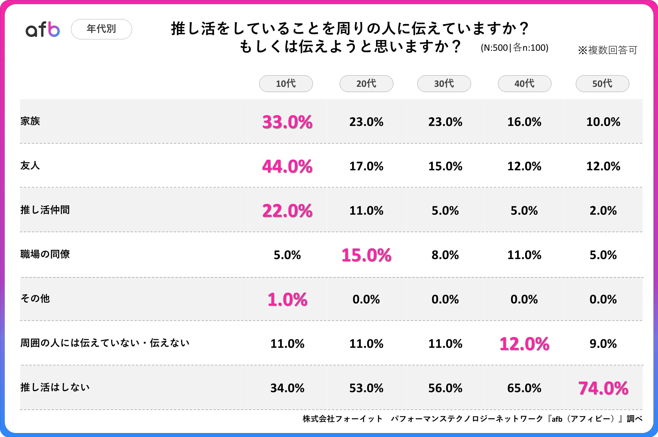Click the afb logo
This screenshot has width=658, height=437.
point(43,29)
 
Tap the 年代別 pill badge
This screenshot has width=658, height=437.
point(102,29)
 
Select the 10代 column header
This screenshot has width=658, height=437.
point(286,84)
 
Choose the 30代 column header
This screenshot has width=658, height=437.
point(444,84)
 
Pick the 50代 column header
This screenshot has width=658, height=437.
point(602,84)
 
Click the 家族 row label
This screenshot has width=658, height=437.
point(30,121)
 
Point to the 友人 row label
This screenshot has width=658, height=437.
point(30,166)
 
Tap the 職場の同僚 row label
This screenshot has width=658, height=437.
point(45,254)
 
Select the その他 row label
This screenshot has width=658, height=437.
point(35,298)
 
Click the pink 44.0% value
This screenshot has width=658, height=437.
point(287,166)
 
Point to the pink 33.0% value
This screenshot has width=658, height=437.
point(287,122)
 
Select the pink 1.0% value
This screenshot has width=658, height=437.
point(287,300)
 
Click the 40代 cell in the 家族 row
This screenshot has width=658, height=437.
point(524,122)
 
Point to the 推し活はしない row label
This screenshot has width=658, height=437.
point(55,387)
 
